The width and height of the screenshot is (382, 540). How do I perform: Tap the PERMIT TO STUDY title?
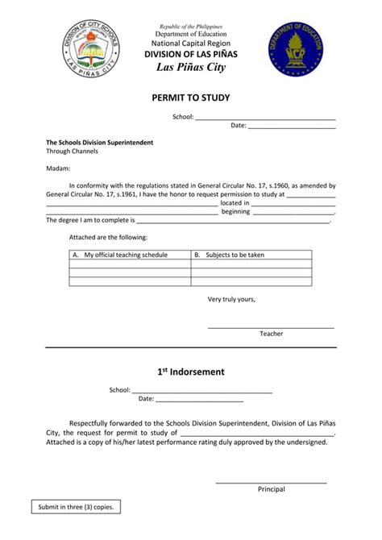tap(191, 98)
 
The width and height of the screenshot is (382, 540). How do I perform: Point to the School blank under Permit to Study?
tap(265, 118)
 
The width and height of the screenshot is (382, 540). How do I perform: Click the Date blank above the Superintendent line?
tap(291, 127)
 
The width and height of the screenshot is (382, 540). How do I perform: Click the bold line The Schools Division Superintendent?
tap(100, 143)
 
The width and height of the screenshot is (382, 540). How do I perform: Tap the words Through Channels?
tap(73, 152)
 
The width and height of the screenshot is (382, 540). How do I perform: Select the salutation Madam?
tap(58, 168)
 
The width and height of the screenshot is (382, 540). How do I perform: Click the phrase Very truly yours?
tap(231, 299)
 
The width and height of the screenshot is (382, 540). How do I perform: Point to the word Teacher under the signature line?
tap(271, 334)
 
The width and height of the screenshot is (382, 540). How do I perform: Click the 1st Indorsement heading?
tap(191, 372)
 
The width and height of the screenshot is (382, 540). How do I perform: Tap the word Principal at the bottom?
tap(271, 489)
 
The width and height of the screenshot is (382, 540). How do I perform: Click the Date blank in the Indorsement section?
tap(199, 399)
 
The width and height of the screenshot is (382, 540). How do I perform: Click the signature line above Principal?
tap(271, 482)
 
